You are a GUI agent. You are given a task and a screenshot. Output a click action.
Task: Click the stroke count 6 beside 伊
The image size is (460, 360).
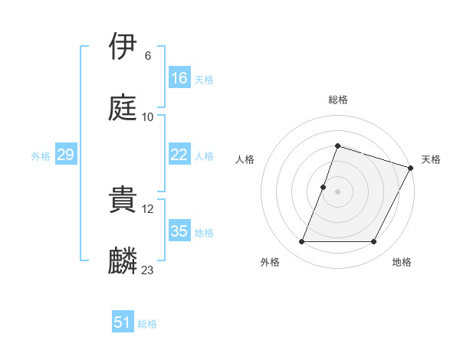147,56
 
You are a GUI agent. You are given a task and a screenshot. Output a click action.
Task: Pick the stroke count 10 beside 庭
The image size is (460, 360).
148,117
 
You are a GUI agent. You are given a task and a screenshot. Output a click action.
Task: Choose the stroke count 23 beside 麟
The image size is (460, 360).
148,270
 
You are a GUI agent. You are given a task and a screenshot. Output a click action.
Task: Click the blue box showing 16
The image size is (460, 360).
179,78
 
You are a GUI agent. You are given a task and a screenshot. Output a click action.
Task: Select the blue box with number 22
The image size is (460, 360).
179,155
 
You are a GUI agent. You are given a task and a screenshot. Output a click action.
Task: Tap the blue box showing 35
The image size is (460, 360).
179,231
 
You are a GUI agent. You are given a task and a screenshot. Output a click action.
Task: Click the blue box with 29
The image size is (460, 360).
65,155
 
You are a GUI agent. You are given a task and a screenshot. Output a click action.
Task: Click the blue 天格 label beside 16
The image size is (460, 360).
204,80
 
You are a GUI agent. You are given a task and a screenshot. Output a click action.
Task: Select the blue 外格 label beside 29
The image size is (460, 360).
41,156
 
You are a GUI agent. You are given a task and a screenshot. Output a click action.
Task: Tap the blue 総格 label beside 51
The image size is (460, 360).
147,324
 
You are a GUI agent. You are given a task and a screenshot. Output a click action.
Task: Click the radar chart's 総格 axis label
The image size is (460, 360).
338,100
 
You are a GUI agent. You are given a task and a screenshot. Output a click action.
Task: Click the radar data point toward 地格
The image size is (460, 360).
374,242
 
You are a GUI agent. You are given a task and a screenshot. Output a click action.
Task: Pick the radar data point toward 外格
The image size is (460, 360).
301,242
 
